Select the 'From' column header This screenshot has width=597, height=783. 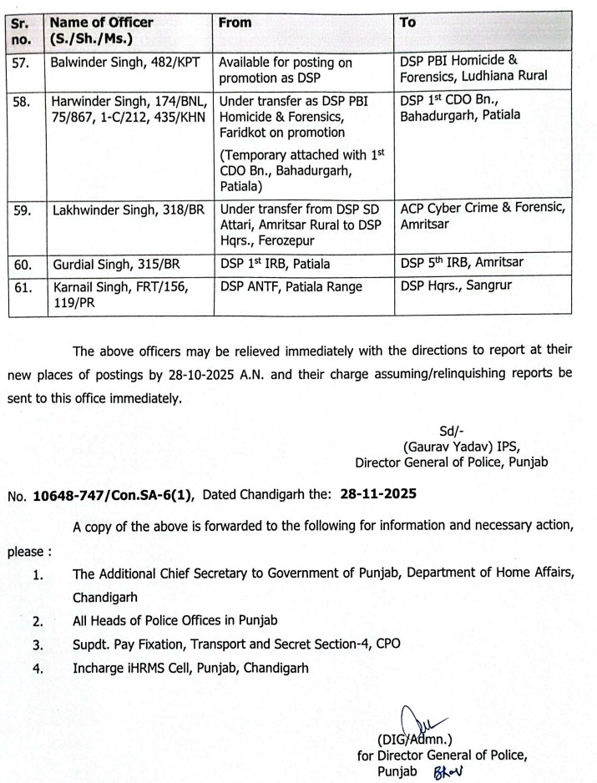pyautogui.click(x=235, y=23)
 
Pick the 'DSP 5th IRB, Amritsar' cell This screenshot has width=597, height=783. pyautogui.click(x=462, y=261)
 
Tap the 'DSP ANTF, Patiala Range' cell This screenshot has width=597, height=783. pyautogui.click(x=291, y=286)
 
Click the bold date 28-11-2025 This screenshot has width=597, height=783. pyautogui.click(x=380, y=494)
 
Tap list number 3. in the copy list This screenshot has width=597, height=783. pyautogui.click(x=37, y=644)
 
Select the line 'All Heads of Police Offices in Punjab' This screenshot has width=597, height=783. pyautogui.click(x=175, y=621)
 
